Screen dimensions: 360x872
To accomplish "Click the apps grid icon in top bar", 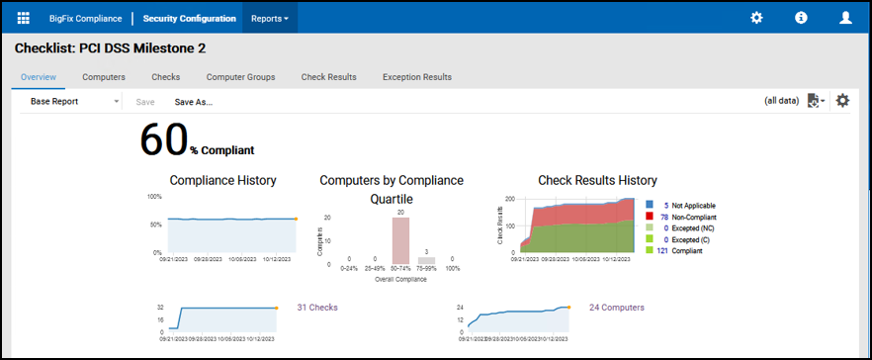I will point(24,18).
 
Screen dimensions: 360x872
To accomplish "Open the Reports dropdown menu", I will point(270,18).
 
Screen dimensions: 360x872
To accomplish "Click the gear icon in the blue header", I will point(756,18).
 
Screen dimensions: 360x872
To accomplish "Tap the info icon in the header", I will point(801,18).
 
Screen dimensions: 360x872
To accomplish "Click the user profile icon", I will point(845,18).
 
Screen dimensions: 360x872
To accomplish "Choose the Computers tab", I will point(104,77).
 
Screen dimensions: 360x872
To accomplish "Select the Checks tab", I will point(165,77).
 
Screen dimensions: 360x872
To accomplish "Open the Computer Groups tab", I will point(240,77).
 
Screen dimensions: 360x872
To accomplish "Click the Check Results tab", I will point(328,77).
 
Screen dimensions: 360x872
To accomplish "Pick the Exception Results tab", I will point(417,77).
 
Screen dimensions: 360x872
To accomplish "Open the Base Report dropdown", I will point(74,101).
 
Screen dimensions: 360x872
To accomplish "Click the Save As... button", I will point(194,101).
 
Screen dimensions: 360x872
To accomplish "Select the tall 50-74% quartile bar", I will point(400,240).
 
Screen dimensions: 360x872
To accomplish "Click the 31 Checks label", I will point(317,308).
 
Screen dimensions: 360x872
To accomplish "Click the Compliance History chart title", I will point(222,180).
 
